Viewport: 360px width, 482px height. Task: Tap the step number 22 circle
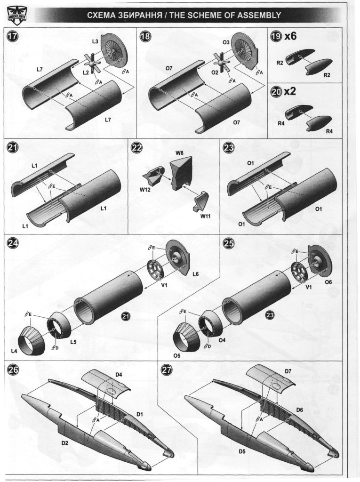[137, 148]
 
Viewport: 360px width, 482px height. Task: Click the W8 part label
[179, 153]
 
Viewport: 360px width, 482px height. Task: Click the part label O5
[177, 355]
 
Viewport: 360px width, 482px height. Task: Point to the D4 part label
[119, 375]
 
